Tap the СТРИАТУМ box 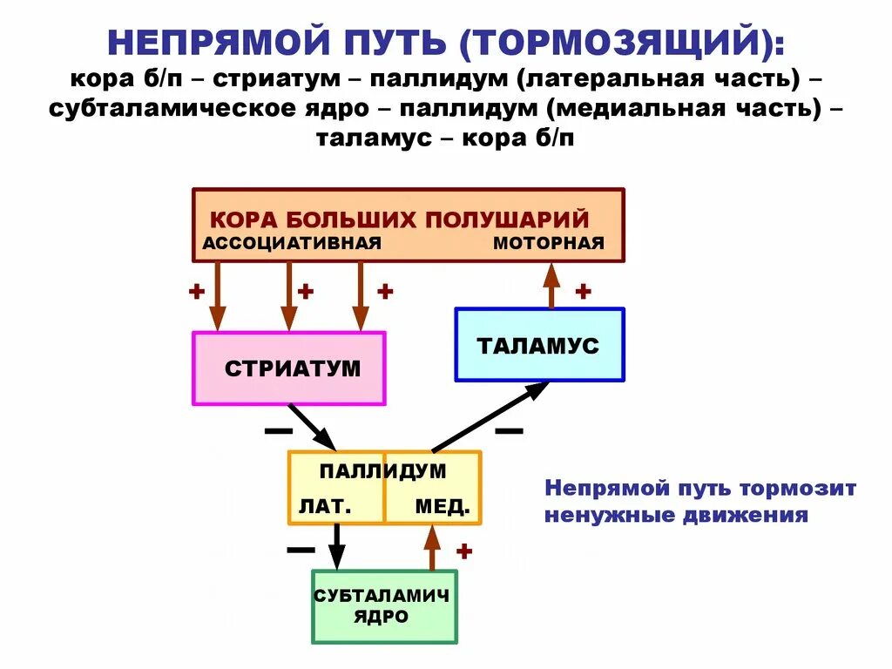(x=288, y=368)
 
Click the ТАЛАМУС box (x=539, y=345)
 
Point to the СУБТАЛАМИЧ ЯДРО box (x=384, y=606)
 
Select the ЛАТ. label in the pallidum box (x=326, y=506)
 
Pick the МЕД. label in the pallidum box (x=442, y=506)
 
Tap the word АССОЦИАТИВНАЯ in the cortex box (x=292, y=243)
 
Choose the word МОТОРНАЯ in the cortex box (x=549, y=243)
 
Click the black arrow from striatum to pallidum (x=312, y=427)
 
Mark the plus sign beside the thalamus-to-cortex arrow (x=583, y=291)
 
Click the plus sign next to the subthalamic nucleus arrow (x=464, y=551)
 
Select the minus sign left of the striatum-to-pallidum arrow (x=278, y=430)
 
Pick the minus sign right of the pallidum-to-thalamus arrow (x=509, y=430)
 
